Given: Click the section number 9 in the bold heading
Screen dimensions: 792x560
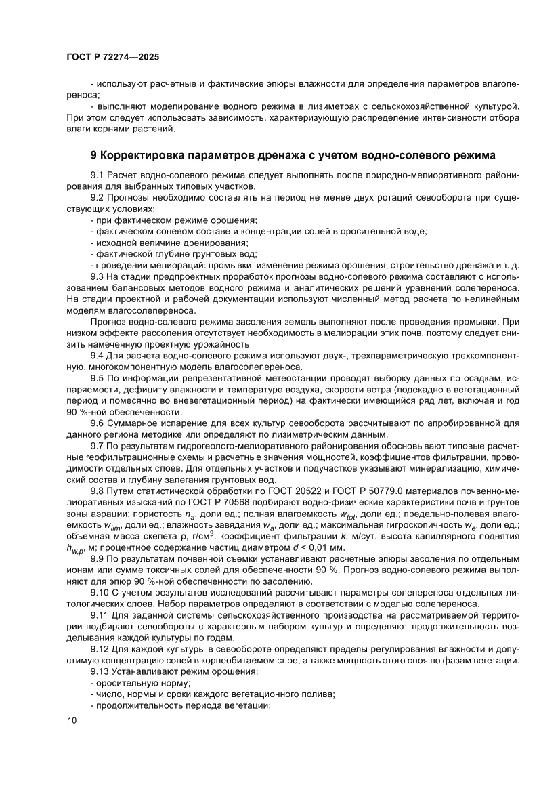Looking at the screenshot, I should coord(93,157).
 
